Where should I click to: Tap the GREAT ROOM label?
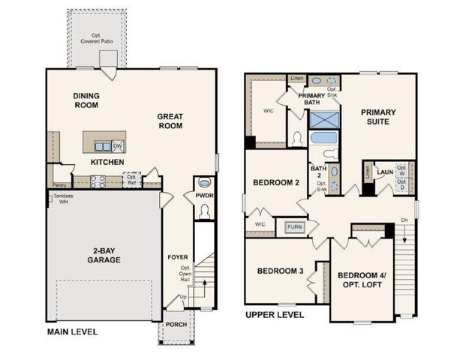pos(170,121)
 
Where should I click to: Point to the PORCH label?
pos(177,325)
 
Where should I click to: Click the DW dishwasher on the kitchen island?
pos(118,145)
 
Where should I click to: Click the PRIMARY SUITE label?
pos(378,118)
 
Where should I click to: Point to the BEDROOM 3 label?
pos(280,271)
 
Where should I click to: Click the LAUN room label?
pos(385,172)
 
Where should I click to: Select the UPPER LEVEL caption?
pos(275,315)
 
